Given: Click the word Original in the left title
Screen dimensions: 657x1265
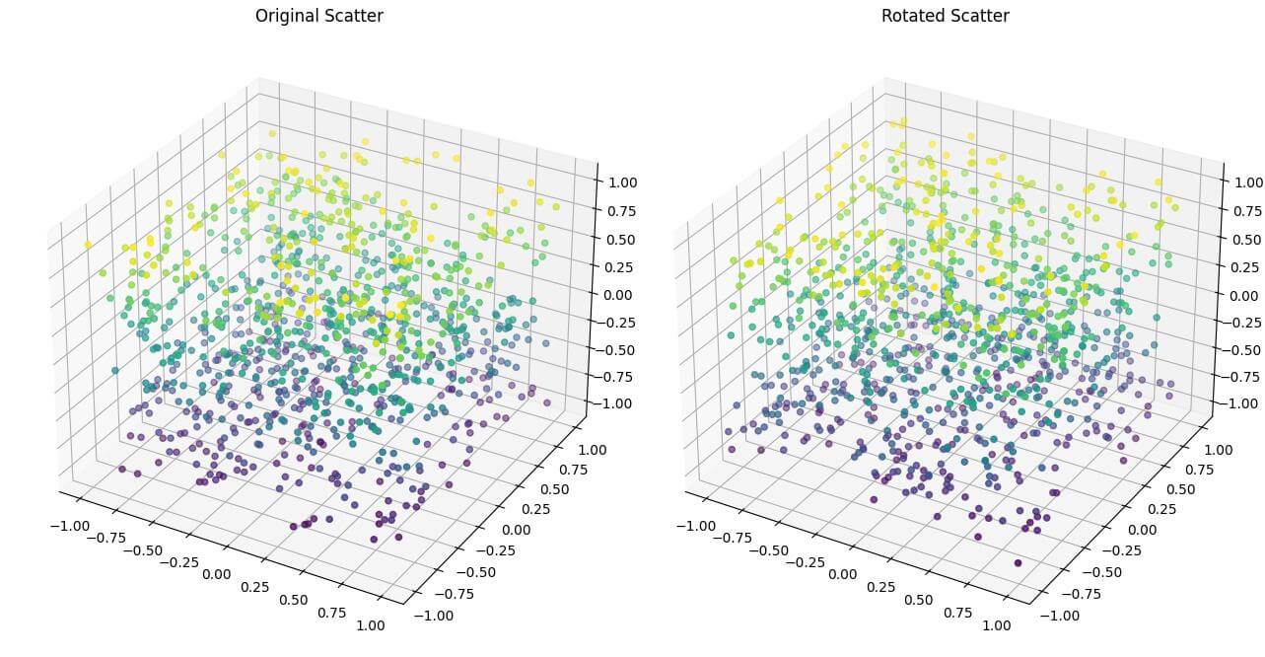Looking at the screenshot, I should point(286,16).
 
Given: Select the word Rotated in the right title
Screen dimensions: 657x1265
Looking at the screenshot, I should point(913,16).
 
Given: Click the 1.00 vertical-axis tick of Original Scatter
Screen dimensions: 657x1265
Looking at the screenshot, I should point(616,182).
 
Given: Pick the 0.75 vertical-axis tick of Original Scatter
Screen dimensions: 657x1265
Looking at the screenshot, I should point(616,210).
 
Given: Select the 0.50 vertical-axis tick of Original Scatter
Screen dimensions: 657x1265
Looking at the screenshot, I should point(616,238).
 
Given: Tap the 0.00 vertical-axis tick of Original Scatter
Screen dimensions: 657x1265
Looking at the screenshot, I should point(616,294).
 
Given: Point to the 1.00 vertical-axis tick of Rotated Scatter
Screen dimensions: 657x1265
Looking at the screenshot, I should point(1243,182).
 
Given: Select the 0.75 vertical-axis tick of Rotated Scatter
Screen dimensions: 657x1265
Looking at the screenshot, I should point(1243,210).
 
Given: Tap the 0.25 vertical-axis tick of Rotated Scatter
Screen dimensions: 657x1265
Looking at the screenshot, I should point(1243,266).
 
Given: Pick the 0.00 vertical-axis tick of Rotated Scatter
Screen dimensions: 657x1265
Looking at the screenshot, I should point(1243,294).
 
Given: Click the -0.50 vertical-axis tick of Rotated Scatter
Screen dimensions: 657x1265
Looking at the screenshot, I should point(1240,349).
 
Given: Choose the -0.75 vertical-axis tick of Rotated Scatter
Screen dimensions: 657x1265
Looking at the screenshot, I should point(1240,376).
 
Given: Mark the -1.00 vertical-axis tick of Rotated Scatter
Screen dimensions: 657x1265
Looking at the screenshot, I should point(1240,402).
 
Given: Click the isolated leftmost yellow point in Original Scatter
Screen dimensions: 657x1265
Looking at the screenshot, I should point(89,245).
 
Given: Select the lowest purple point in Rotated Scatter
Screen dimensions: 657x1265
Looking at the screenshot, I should point(1018,562).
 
